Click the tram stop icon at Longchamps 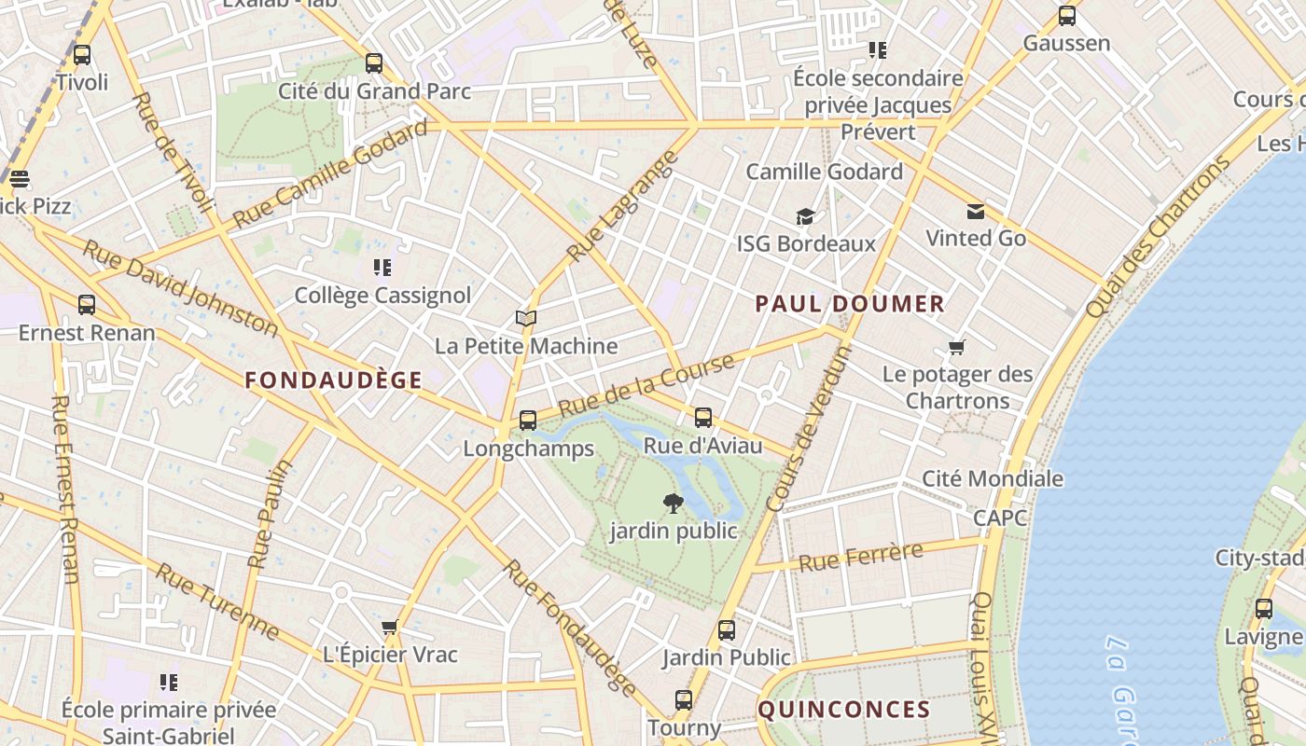point(528,421)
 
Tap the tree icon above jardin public point(673,504)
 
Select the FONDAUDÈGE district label point(333,380)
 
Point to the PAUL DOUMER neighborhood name point(850,304)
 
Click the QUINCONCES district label point(843,710)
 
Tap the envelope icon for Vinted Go point(975,212)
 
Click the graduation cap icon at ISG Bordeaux point(805,217)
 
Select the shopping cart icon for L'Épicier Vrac point(390,628)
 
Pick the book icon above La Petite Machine point(526,319)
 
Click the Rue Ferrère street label point(861,558)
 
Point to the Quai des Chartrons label point(1159,237)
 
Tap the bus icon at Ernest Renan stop point(87,305)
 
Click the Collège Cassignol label point(382,296)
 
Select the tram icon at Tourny point(684,700)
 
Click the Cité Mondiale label point(992,479)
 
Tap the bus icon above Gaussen point(1066,16)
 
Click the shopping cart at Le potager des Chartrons point(956,348)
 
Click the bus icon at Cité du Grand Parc point(374,63)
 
